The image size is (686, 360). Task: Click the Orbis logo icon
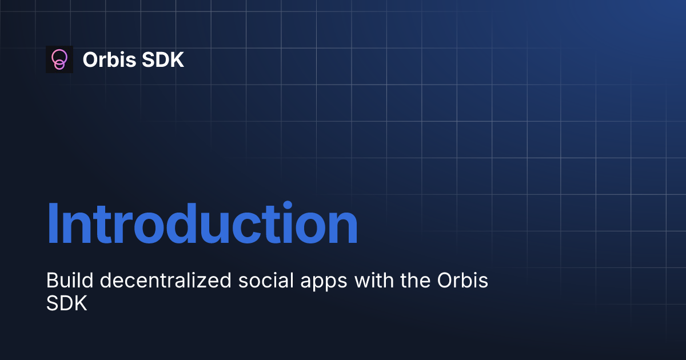pyautogui.click(x=59, y=59)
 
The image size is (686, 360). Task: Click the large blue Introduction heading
pyautogui.click(x=202, y=224)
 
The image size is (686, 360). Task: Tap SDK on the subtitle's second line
pyautogui.click(x=66, y=303)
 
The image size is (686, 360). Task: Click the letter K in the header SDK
pyautogui.click(x=177, y=59)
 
